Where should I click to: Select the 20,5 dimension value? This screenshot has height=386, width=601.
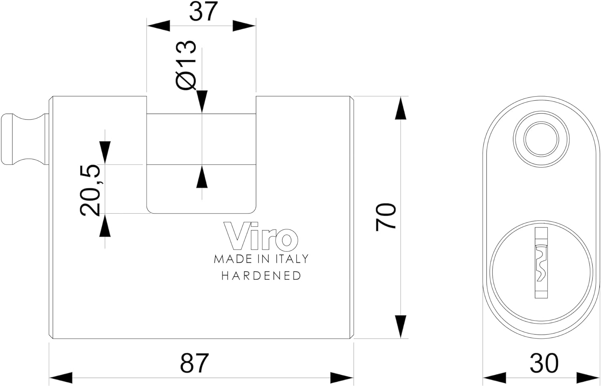(90, 190)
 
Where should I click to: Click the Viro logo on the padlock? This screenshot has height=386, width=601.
(261, 235)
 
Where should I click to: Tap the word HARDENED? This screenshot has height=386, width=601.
(261, 276)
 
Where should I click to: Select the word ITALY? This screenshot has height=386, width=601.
(292, 259)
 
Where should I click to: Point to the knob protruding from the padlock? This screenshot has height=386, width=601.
(25, 139)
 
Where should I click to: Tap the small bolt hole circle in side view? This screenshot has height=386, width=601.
(541, 139)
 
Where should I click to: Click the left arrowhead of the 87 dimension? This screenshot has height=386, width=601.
(61, 378)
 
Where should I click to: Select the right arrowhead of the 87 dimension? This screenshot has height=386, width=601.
(341, 378)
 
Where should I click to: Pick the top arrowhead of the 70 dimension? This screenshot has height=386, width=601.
(400, 108)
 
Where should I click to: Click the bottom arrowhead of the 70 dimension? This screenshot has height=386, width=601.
(400, 326)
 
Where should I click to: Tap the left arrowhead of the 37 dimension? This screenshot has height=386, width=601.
(158, 26)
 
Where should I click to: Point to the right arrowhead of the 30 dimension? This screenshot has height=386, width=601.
(587, 378)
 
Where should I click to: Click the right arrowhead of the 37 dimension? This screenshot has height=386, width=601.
(244, 26)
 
